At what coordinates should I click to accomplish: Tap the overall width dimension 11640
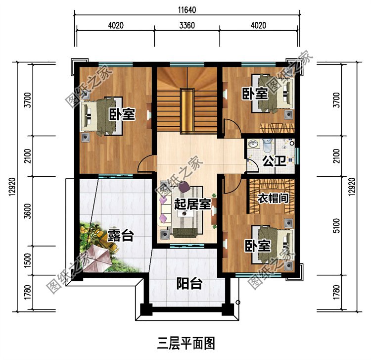click(187, 9)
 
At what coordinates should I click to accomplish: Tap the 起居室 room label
click(192, 204)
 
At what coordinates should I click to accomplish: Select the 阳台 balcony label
click(190, 284)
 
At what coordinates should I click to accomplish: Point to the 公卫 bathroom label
click(272, 161)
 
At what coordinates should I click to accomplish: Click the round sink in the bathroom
click(253, 144)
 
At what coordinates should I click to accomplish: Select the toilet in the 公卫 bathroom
click(267, 145)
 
